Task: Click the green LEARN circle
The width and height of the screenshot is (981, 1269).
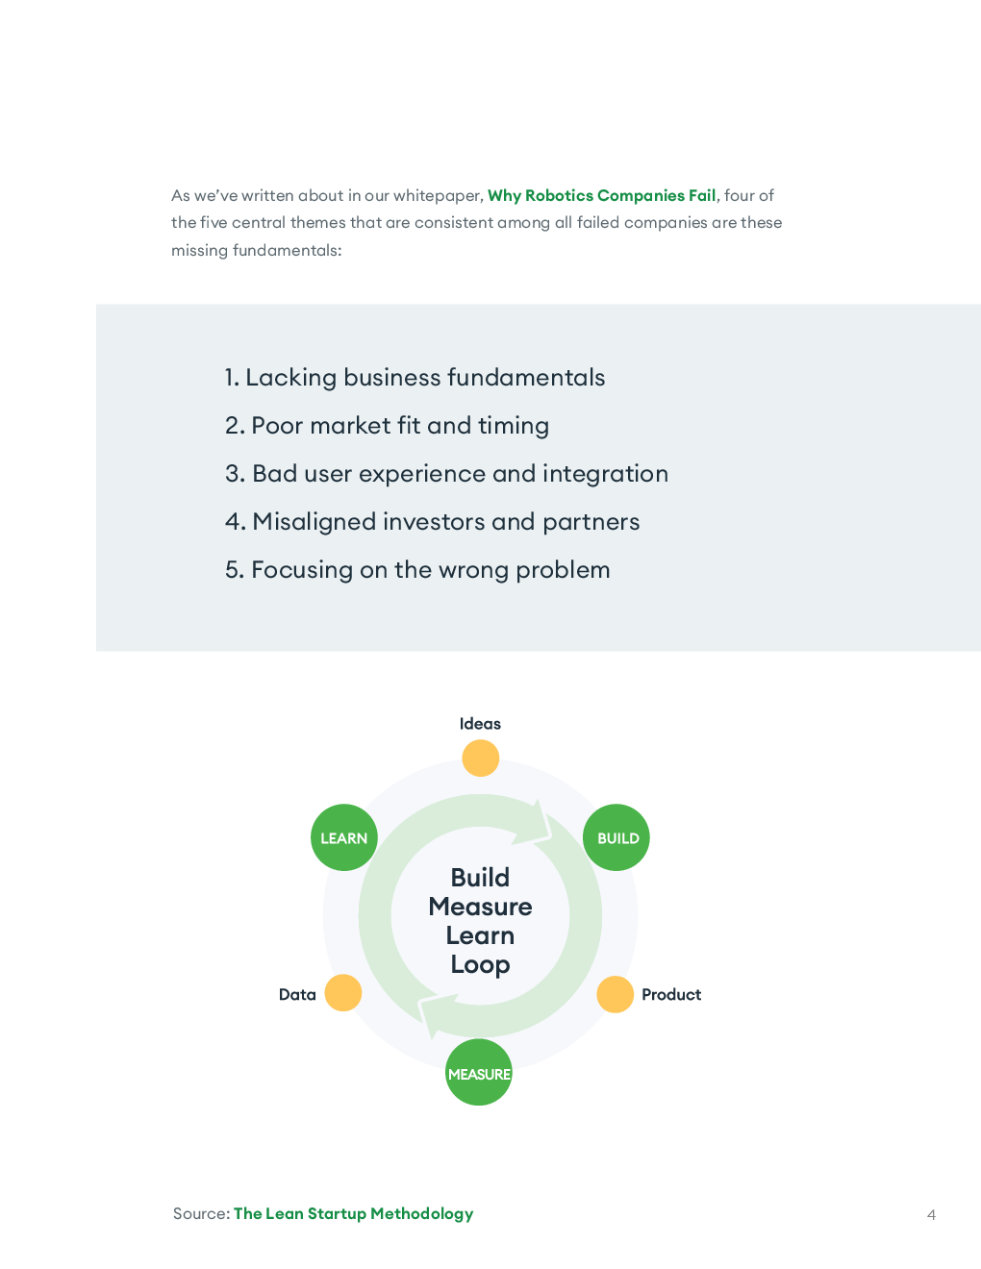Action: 343,837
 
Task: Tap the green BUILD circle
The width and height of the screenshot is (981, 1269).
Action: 617,837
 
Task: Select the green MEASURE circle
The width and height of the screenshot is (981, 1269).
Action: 479,1073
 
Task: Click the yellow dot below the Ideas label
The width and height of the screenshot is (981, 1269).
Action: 480,758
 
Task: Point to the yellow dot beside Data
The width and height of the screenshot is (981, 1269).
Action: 342,993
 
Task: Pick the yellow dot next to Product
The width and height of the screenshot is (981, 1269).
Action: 616,995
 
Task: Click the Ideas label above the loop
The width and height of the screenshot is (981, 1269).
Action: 480,724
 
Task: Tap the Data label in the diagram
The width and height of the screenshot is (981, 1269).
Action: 297,995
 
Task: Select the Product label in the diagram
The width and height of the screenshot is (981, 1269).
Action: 671,995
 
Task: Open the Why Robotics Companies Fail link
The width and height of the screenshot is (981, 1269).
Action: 602,195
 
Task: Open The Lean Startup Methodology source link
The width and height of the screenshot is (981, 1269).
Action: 353,1213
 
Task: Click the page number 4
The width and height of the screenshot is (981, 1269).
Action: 931,1214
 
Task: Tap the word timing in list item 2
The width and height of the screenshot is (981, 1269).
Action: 513,426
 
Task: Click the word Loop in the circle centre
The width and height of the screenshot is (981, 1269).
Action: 480,964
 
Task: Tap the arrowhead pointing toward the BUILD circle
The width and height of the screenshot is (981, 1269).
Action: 539,823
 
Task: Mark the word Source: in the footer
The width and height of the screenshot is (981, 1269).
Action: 201,1213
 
